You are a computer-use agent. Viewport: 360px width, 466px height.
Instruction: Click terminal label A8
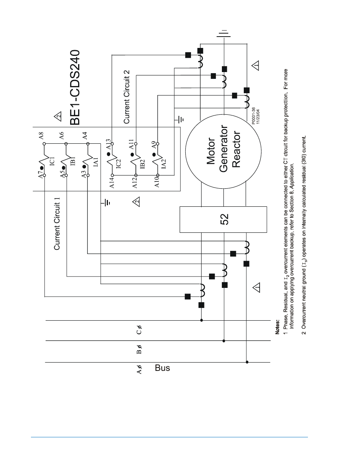click(42, 135)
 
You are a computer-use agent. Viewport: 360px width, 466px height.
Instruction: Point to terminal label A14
click(112, 183)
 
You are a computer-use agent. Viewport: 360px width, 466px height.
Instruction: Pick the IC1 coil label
click(52, 161)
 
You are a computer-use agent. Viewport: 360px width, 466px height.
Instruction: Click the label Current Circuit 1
click(57, 226)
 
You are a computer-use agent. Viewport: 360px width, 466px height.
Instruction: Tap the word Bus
click(162, 368)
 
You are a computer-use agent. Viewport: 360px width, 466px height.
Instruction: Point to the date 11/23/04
click(258, 117)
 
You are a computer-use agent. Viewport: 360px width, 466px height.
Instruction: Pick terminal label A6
click(62, 135)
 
